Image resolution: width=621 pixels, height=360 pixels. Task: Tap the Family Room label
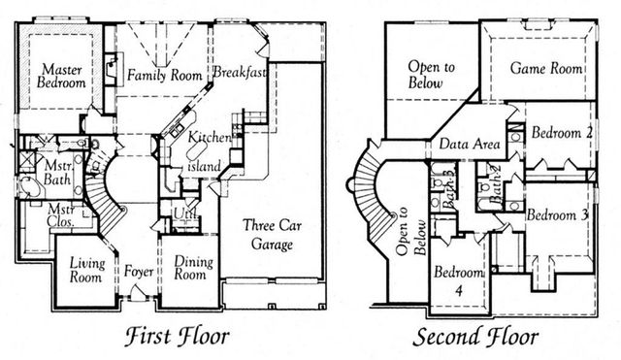159,75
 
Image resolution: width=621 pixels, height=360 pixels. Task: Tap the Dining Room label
190,268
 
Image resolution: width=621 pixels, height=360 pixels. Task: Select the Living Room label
85,269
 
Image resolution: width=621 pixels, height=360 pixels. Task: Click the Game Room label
546,69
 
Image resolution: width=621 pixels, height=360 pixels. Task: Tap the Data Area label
470,145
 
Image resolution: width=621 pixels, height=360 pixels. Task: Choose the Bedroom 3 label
558,215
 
